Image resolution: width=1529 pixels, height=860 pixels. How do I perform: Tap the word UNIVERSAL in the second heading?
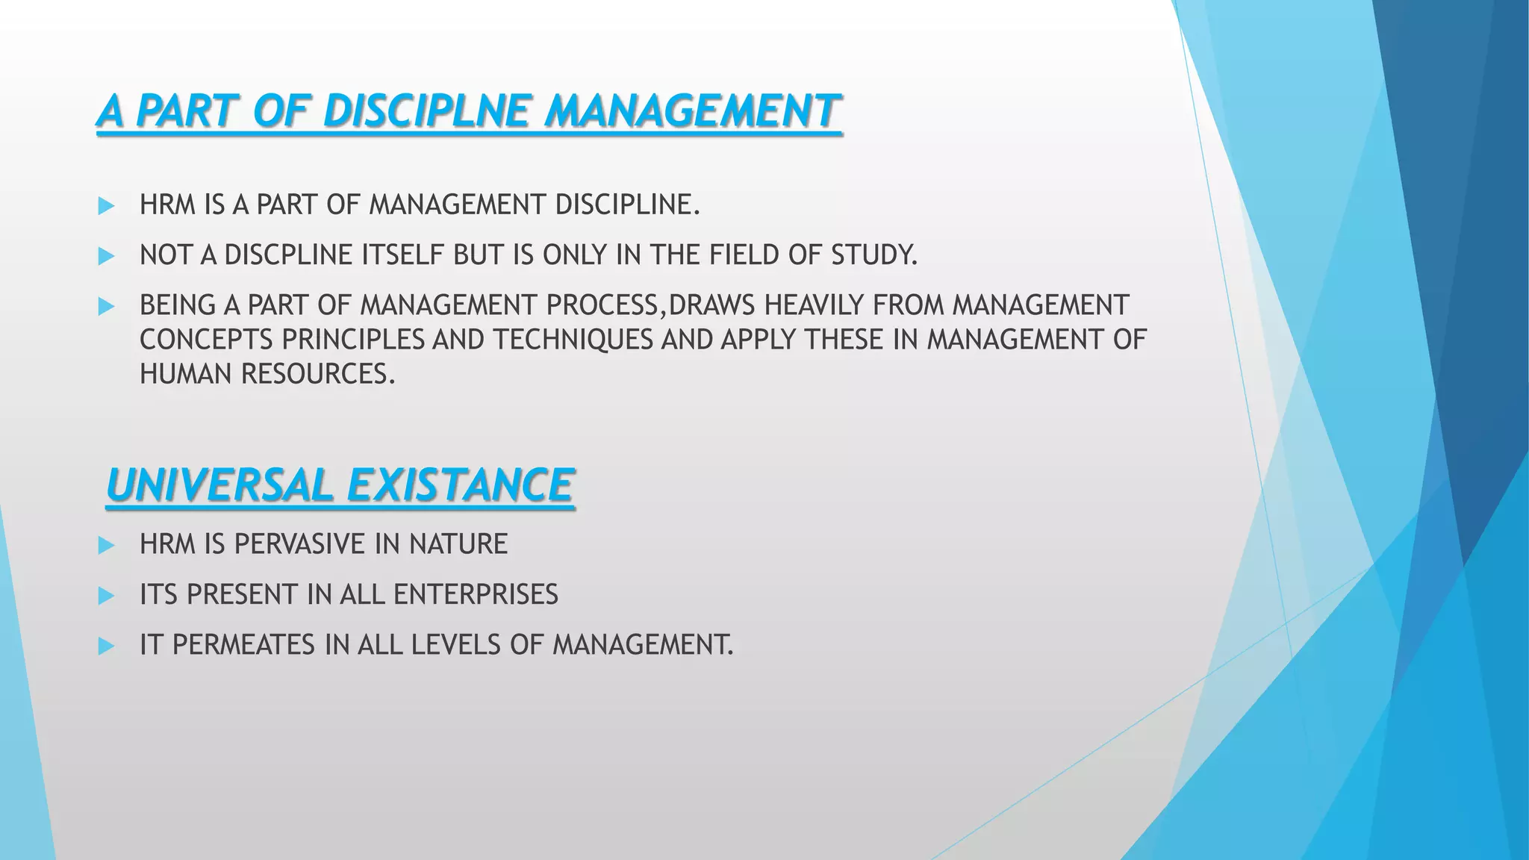pyautogui.click(x=218, y=485)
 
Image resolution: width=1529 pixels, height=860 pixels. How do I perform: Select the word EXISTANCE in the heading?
pyautogui.click(x=460, y=485)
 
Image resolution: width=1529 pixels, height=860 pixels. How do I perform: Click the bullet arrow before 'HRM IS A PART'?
pyautogui.click(x=106, y=206)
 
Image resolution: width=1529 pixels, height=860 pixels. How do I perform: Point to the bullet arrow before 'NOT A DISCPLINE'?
pyautogui.click(x=106, y=256)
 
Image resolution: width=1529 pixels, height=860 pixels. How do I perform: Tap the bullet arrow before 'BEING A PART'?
pyautogui.click(x=106, y=306)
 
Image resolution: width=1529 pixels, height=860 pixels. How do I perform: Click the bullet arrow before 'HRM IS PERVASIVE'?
pyautogui.click(x=106, y=546)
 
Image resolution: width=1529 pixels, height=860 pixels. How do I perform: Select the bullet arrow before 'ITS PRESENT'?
pyautogui.click(x=106, y=596)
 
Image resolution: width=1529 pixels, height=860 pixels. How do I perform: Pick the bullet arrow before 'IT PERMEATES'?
pyautogui.click(x=106, y=646)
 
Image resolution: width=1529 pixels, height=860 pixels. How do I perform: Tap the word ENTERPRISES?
pyautogui.click(x=476, y=595)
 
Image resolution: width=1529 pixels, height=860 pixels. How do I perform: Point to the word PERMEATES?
pyautogui.click(x=243, y=645)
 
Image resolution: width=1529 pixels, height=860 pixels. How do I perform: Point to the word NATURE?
pyautogui.click(x=458, y=544)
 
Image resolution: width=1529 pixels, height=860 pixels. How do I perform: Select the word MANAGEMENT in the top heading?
pyautogui.click(x=691, y=112)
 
